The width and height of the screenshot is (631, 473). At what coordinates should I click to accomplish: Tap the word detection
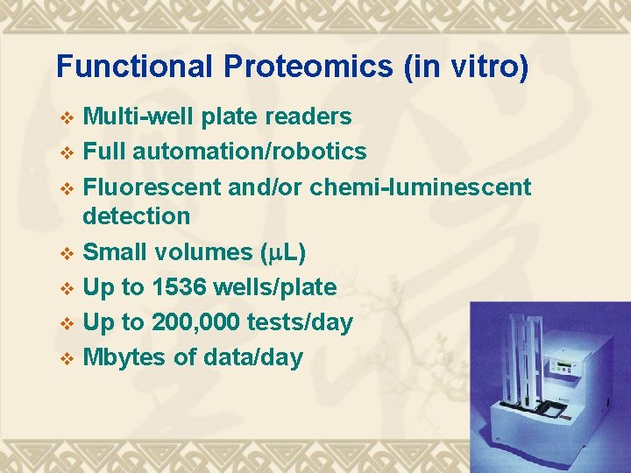point(136,215)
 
